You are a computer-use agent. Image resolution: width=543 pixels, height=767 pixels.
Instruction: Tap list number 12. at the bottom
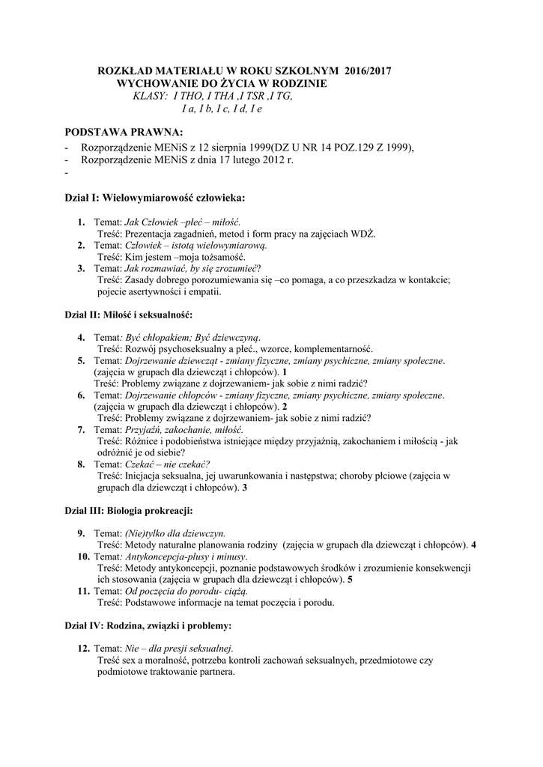(x=83, y=648)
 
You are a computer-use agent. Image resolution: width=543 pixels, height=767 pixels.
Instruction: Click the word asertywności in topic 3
(x=154, y=291)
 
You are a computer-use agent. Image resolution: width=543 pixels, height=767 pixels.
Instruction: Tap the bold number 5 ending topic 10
(x=351, y=580)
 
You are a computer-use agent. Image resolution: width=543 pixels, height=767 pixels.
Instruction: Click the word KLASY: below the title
(x=149, y=97)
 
